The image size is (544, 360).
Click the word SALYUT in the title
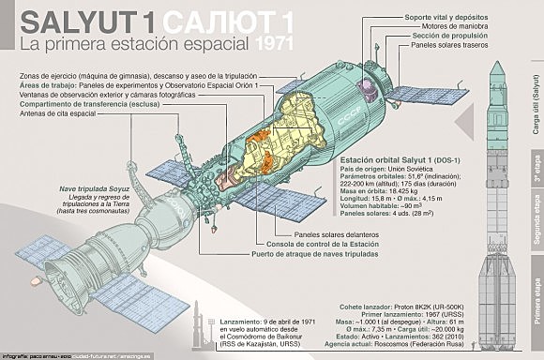[x=79, y=20]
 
